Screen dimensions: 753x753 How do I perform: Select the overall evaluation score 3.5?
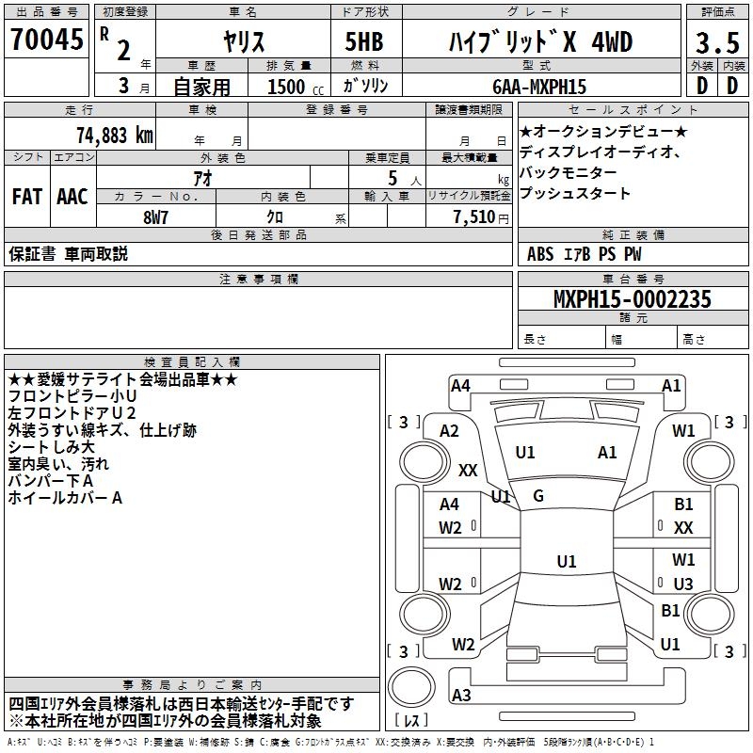(716, 44)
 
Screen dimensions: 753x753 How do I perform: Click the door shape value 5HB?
(357, 43)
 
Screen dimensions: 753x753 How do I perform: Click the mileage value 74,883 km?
(113, 134)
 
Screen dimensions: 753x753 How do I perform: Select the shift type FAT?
(26, 196)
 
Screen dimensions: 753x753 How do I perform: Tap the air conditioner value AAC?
(72, 196)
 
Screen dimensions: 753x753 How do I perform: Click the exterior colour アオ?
(201, 177)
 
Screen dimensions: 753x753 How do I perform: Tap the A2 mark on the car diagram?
(449, 431)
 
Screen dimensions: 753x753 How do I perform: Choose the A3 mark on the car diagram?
(461, 696)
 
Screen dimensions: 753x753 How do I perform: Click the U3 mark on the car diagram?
(683, 584)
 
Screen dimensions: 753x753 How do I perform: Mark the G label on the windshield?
(538, 495)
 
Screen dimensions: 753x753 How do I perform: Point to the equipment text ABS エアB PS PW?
(585, 253)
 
